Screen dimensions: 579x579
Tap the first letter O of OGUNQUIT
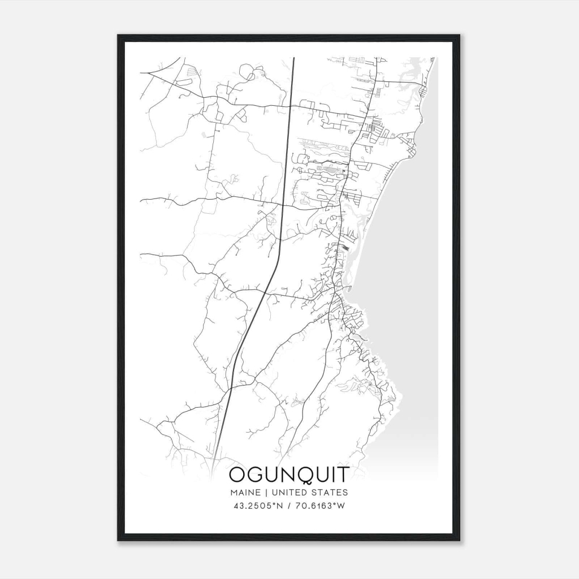click(239, 476)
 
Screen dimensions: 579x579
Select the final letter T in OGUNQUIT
click(342, 476)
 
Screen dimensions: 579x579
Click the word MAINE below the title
click(244, 493)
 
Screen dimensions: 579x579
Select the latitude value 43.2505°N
click(258, 505)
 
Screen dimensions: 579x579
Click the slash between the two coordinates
click(289, 505)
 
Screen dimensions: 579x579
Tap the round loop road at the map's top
click(248, 72)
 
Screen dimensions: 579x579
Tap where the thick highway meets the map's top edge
click(294, 58)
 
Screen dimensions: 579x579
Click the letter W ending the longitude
click(341, 505)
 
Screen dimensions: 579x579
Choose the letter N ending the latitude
click(280, 505)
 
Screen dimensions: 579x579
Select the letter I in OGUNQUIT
click(331, 476)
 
